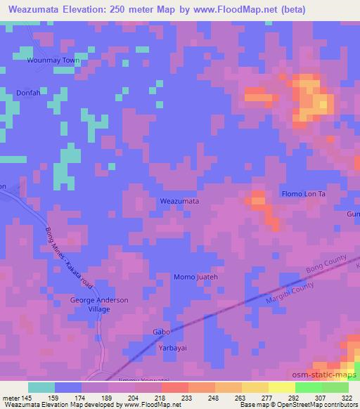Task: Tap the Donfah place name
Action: tap(29, 93)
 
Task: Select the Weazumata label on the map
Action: tap(180, 201)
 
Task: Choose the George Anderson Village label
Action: tap(99, 304)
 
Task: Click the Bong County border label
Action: tap(327, 261)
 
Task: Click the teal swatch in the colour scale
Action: tap(41, 387)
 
